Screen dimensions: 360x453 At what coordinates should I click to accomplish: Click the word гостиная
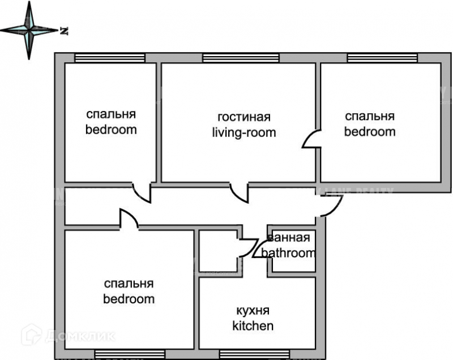[x=243, y=118]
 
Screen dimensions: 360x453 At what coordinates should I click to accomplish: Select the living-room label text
[x=243, y=133]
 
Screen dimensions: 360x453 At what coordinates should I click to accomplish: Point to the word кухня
[x=253, y=311]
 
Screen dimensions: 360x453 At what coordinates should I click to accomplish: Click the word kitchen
[x=253, y=326]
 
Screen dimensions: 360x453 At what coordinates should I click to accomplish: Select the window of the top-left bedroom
[x=110, y=57]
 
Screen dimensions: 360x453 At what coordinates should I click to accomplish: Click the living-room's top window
[x=241, y=57]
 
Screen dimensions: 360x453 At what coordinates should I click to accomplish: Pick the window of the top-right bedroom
[x=382, y=57]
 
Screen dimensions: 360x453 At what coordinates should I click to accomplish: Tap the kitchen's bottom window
[x=254, y=354]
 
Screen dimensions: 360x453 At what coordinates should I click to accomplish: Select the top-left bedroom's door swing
[x=143, y=192]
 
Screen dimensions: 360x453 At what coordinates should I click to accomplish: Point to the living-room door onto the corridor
[x=240, y=192]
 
